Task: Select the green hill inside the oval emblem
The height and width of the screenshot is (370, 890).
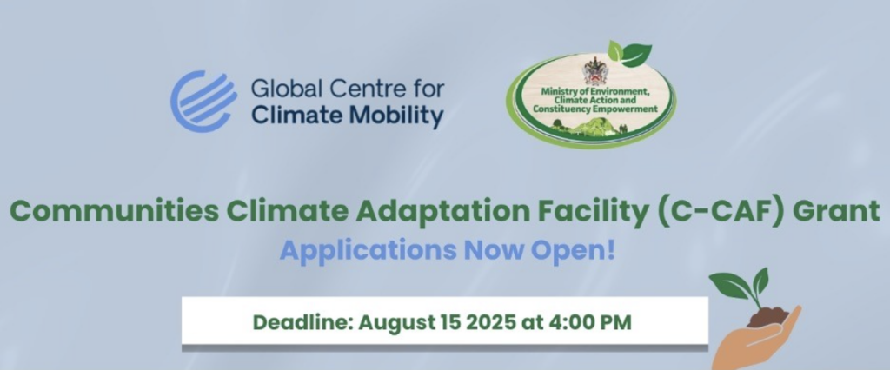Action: click(598, 131)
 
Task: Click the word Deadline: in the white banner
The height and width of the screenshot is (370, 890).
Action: click(302, 323)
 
